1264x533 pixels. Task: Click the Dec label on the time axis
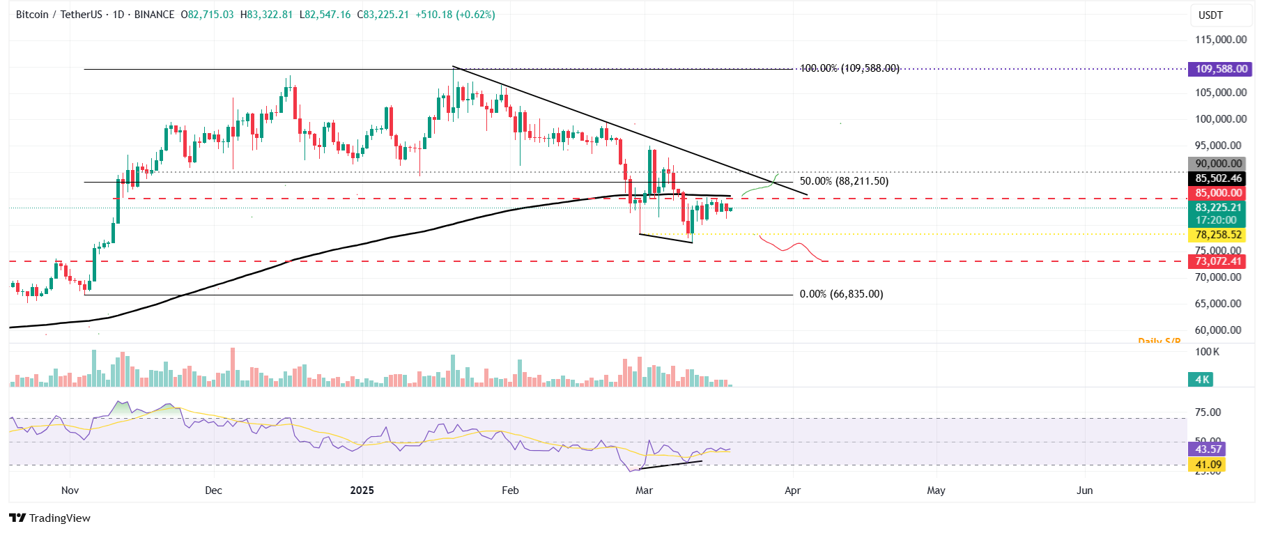(213, 490)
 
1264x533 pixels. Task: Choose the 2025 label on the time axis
(362, 490)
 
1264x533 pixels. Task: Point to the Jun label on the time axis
(1084, 490)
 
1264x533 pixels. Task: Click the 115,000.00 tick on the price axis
(1221, 40)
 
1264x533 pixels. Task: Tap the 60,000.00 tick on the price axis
(1221, 330)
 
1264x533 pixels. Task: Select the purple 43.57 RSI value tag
(1208, 449)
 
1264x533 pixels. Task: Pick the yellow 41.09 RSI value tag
(1208, 465)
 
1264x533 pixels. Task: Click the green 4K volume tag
(1202, 380)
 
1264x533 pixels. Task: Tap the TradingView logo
(50, 518)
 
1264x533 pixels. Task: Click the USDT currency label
(1210, 15)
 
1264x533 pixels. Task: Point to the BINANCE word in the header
(154, 15)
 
